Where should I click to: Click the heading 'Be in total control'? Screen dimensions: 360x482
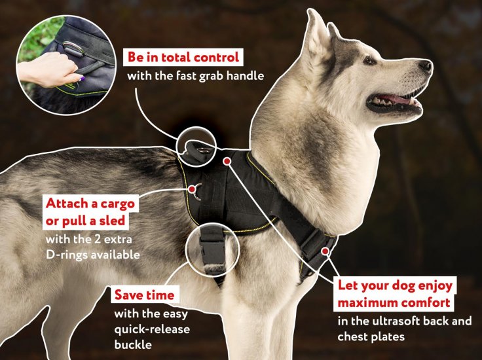coord(184,56)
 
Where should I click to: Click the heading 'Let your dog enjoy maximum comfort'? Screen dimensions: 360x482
coord(395,295)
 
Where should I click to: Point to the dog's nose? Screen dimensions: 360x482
coord(426,65)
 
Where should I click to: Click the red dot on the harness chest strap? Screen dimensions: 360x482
coord(325,250)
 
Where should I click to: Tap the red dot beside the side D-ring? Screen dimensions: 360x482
coord(193,189)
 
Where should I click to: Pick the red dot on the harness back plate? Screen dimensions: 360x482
coord(227,160)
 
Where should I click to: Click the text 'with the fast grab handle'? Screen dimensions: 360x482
coord(195,75)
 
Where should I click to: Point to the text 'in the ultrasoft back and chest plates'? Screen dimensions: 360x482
coord(404,329)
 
